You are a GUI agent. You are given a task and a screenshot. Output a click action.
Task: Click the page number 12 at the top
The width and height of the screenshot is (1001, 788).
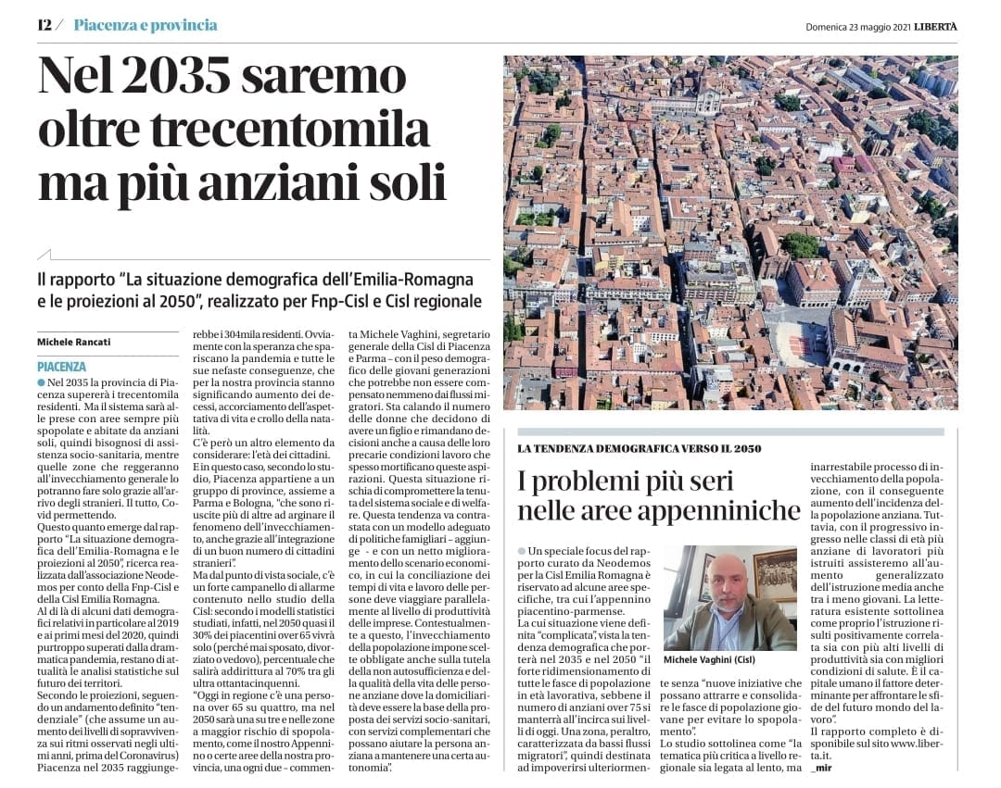[44, 25]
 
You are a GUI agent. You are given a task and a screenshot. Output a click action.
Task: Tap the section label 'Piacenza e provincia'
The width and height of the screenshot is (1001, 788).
[146, 25]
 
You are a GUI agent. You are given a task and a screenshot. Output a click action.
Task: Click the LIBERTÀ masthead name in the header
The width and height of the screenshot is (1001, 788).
[935, 26]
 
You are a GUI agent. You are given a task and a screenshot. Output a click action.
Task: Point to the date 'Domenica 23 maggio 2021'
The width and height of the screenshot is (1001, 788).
[856, 27]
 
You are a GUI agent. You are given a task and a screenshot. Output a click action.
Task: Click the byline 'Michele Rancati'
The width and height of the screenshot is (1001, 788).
[73, 342]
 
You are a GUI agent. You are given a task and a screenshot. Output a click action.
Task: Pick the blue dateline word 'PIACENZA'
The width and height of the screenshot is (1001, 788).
[61, 367]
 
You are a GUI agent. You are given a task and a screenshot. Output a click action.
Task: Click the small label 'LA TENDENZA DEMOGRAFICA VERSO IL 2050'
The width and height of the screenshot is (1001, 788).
[639, 448]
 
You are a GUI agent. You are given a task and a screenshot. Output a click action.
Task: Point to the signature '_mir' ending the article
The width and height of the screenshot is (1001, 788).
[820, 769]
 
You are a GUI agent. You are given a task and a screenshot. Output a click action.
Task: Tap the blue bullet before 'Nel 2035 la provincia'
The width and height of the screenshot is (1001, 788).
[41, 382]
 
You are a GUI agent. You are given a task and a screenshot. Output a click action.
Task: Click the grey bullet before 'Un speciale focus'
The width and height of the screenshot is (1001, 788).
[521, 551]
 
